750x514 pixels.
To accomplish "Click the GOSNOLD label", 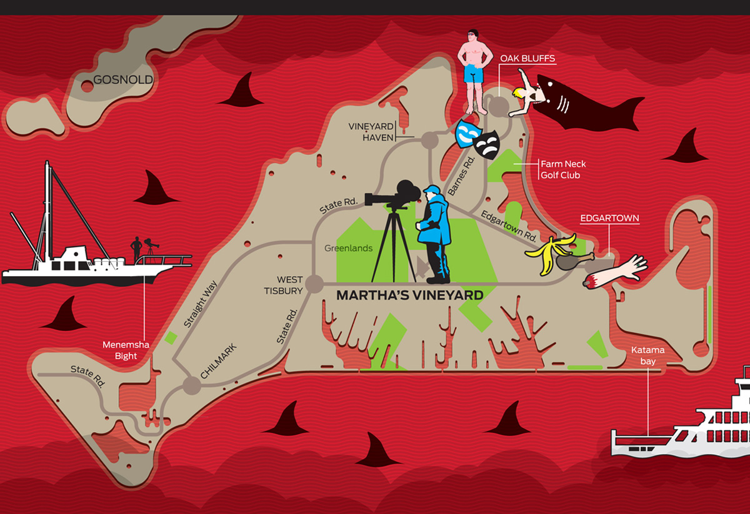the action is [123, 80].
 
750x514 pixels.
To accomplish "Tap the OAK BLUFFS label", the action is [527, 58].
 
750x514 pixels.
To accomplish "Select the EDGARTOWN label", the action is [609, 218].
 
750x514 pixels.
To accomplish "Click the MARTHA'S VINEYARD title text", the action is [410, 295].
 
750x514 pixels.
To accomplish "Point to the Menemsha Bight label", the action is [126, 350].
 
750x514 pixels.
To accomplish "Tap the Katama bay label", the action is [648, 355].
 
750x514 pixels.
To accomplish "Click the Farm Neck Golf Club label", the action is [563, 170].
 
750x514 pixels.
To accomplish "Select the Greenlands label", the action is [348, 249].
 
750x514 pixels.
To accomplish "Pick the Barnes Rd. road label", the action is [461, 176].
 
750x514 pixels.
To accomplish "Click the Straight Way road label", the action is [200, 304].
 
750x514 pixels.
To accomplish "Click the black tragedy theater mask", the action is [487, 145].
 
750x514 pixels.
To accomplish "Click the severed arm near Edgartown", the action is [616, 272].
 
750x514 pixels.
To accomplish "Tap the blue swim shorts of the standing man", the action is [474, 74].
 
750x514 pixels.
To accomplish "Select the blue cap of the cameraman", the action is [432, 189].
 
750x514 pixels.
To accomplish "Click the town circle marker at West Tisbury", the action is [314, 284].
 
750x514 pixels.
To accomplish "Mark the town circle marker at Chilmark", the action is [191, 385].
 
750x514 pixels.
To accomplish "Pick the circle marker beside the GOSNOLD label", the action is [87, 86].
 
